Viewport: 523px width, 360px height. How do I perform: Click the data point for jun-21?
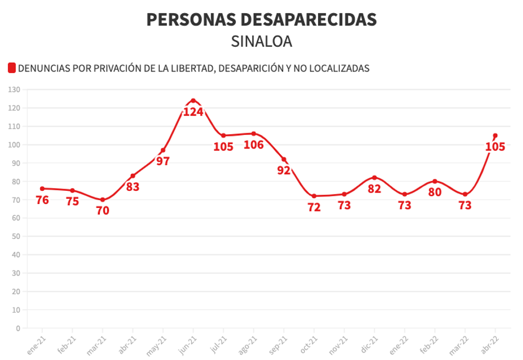[x=193, y=101]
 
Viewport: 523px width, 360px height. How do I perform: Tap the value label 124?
[x=193, y=112]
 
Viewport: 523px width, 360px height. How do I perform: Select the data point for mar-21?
[x=103, y=200]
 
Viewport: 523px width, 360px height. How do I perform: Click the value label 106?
[x=254, y=145]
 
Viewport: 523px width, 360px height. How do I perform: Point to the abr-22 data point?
[x=495, y=135]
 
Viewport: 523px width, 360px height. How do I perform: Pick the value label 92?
[x=284, y=170]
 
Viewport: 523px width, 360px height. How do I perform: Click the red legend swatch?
[x=11, y=68]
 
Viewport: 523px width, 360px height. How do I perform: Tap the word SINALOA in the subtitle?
[x=261, y=42]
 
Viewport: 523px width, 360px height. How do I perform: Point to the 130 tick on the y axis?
[x=14, y=90]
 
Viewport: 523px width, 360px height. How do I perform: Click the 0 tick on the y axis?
[x=18, y=329]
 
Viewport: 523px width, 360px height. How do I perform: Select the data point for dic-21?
[x=375, y=178]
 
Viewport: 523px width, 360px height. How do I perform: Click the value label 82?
[x=375, y=189]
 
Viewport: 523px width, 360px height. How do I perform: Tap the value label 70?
[x=103, y=210]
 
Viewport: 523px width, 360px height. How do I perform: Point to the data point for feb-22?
[x=435, y=181]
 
